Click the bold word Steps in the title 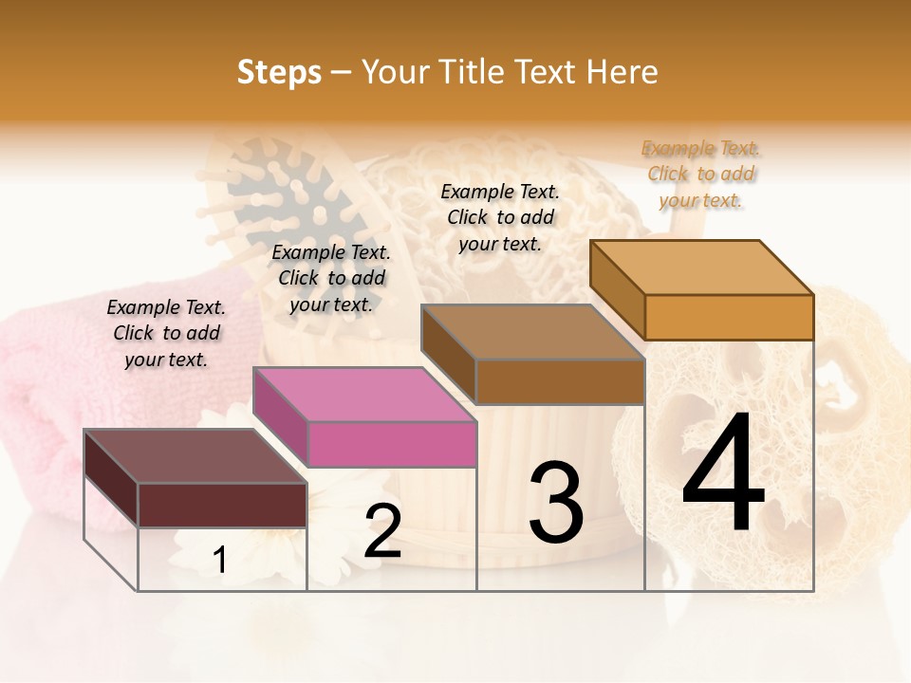[279, 72]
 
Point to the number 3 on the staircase [555, 503]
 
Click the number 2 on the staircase [382, 531]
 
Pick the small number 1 [220, 561]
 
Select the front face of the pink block [392, 444]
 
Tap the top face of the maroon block [195, 456]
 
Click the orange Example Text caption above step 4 [700, 174]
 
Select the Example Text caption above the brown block [500, 217]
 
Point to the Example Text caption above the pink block [331, 278]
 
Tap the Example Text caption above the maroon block [166, 333]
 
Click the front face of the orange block [729, 317]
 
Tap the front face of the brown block [560, 381]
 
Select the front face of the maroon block [222, 505]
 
